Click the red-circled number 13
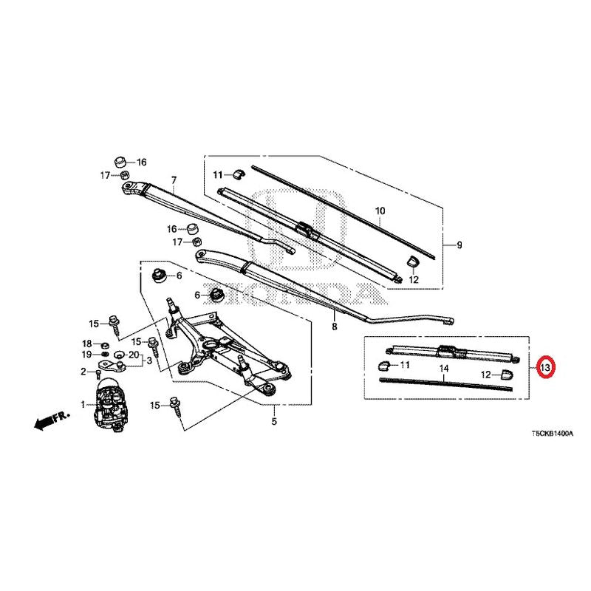pos(545,366)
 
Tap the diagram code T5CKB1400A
pos(553,434)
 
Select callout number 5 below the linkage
pos(274,421)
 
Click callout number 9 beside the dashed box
pos(459,245)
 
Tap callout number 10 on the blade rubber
pos(380,211)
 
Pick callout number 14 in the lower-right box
pos(444,369)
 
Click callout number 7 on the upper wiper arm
pos(174,180)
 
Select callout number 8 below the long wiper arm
pos(335,327)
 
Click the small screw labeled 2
pos(98,374)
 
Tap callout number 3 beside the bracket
pos(149,361)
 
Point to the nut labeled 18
pos(106,344)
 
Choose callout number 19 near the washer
pos(86,355)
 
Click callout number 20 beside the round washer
pos(134,355)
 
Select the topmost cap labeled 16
pos(120,163)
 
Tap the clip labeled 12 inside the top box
pos(412,261)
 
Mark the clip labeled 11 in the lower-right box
pos(383,365)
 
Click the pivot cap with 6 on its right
pos(159,276)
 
